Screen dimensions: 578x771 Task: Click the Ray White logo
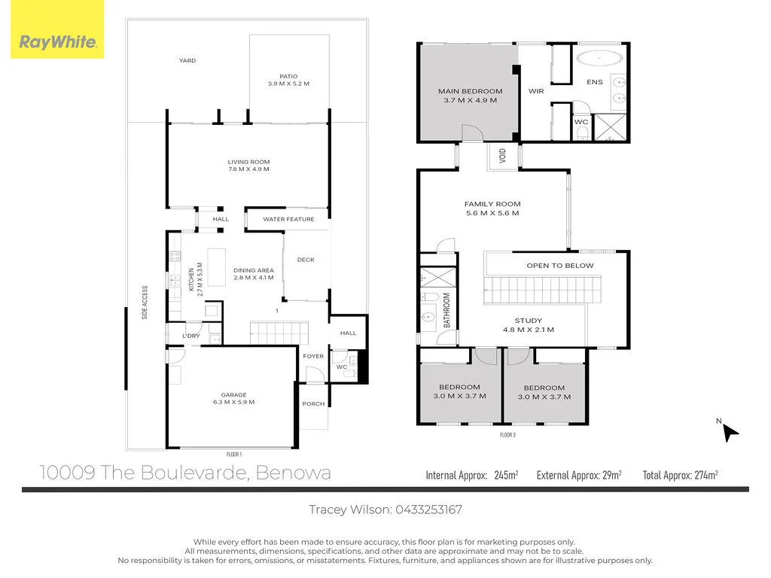[x=57, y=42]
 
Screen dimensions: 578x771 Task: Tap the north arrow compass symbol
[x=730, y=432]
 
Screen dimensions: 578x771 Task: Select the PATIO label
[x=288, y=76]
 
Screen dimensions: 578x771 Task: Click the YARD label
[x=187, y=61]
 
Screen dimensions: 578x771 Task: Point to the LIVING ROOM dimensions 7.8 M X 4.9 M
[x=248, y=169]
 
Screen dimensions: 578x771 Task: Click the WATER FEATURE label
[x=288, y=220]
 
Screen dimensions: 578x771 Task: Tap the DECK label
[x=306, y=260]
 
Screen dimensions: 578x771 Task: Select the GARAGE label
[x=233, y=394]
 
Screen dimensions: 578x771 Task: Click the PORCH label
[x=313, y=404]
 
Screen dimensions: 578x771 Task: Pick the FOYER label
[x=313, y=357]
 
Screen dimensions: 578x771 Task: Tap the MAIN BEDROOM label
[x=470, y=92]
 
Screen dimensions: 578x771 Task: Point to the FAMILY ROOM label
[x=492, y=204]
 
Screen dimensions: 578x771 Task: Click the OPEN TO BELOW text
[x=559, y=266]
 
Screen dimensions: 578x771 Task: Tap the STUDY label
[x=528, y=321]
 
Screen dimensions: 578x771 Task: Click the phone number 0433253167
[x=428, y=510]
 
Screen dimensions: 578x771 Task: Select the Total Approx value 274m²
[x=703, y=475]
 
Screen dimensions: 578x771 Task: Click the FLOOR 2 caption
[x=507, y=434]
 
